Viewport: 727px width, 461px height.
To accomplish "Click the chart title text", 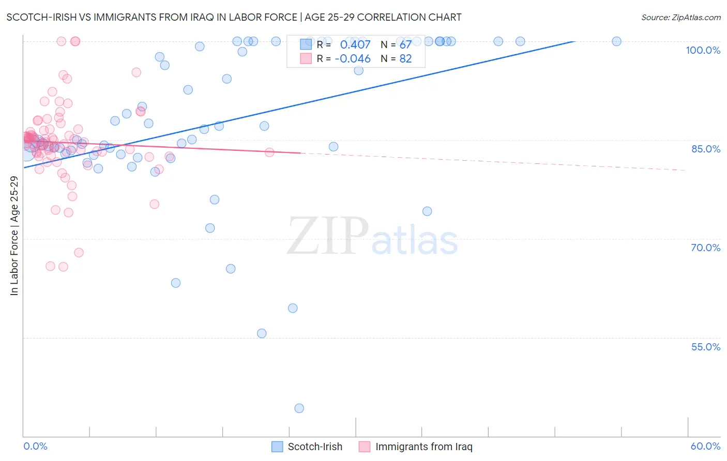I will click(234, 17).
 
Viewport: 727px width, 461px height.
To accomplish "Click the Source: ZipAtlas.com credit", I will click(680, 17).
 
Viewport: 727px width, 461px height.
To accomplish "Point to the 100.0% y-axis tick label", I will click(703, 50).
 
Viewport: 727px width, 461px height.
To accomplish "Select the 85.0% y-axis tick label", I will click(705, 149).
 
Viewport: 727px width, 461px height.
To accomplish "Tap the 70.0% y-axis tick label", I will click(705, 248).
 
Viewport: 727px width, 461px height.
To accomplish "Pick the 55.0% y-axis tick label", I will click(705, 347).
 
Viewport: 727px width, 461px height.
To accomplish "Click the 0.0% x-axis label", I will click(35, 446).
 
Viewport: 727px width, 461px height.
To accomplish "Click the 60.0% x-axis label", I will click(705, 446).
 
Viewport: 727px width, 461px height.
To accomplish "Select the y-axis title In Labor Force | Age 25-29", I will click(14, 236).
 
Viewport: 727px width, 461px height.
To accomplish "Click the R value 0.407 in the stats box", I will click(355, 44).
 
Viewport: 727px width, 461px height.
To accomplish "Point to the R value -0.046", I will click(353, 58).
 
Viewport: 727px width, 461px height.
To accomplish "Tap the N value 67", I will click(405, 44).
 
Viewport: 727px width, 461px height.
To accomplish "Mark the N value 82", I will click(405, 58).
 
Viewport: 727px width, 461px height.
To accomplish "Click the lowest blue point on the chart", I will click(299, 408).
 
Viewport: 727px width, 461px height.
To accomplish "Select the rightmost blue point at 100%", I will click(616, 41).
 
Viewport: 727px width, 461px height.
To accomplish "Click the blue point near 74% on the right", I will click(427, 211).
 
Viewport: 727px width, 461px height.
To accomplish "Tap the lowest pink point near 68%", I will click(79, 253).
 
